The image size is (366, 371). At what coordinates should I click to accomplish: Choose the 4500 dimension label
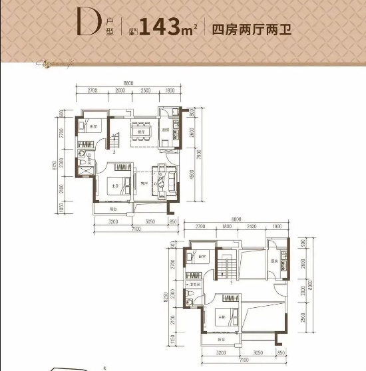[191, 178]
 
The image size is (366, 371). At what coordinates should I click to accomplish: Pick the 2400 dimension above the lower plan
[252, 227]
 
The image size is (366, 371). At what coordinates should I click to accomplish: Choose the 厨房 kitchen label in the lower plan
[274, 261]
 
